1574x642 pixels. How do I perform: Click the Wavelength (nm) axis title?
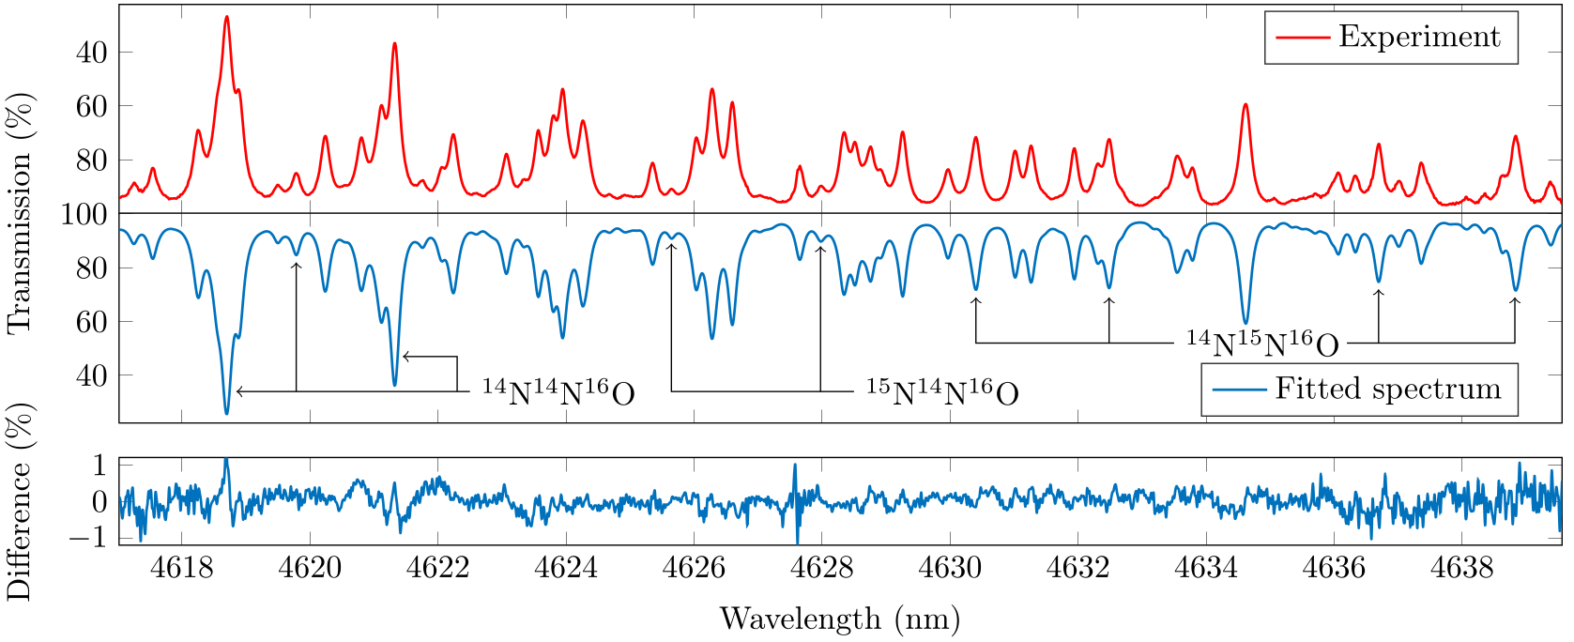[840, 619]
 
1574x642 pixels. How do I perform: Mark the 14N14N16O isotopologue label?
[558, 392]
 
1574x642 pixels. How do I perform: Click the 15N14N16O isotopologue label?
[941, 392]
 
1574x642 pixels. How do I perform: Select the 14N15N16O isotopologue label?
[1262, 344]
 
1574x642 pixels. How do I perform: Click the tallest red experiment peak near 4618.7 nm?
[226, 17]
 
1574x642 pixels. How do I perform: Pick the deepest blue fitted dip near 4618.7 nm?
[226, 413]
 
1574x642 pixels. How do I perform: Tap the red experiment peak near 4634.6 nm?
[1245, 104]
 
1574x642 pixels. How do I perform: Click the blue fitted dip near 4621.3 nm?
[395, 385]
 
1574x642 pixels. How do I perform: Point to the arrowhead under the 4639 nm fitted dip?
[1514, 300]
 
